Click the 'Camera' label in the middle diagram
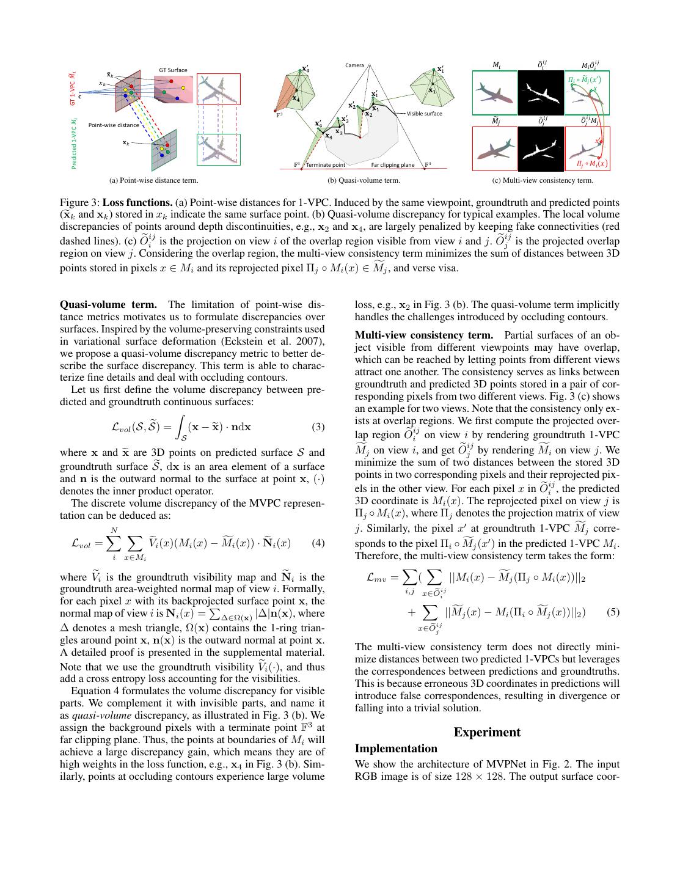tap(354, 65)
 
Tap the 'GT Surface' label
tap(173, 70)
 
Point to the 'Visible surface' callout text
tap(424, 114)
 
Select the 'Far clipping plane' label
tap(392, 165)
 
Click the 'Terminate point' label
tap(325, 165)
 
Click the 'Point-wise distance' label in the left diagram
tap(114, 125)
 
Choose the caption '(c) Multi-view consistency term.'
tap(543, 180)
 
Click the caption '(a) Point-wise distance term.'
tap(153, 180)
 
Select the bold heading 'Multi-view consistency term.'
tap(424, 335)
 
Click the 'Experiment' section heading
tap(487, 732)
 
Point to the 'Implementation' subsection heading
tap(396, 749)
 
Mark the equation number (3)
tap(318, 427)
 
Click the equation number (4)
tap(318, 543)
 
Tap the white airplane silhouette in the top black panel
tap(541, 92)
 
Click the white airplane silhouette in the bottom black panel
tap(541, 149)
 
